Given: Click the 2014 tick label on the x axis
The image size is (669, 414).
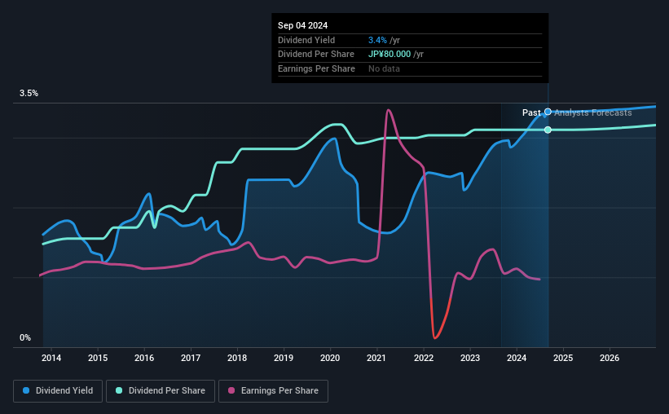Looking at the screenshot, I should (x=51, y=358).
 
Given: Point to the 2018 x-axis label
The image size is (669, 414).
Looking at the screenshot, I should (x=237, y=358).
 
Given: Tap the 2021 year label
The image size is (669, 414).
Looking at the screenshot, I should (x=376, y=358).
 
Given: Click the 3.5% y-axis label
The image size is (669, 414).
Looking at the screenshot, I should (x=29, y=94).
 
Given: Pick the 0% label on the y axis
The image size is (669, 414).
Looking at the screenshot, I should (x=25, y=337).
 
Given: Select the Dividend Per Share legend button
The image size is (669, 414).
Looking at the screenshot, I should (x=165, y=391).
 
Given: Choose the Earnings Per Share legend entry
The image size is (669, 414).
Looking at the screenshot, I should (x=273, y=391).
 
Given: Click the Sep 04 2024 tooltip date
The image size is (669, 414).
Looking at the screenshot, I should (x=298, y=25).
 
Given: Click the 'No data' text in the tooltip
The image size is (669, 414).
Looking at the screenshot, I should (x=384, y=69).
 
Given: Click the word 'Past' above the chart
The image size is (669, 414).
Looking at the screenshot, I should (x=531, y=112).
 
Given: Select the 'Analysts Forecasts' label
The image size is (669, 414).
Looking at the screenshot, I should (x=593, y=112).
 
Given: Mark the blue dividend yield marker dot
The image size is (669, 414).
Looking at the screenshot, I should (x=548, y=112).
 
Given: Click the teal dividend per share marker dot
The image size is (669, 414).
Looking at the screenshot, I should (x=548, y=130).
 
